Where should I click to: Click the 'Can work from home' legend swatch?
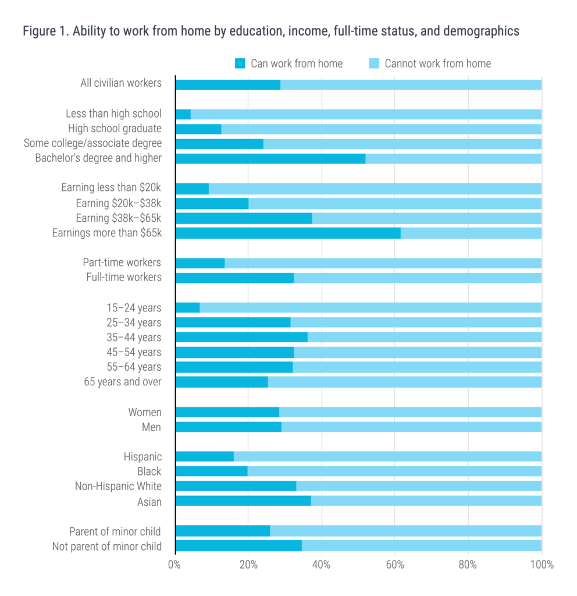(240, 63)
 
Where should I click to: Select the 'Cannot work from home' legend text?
(437, 63)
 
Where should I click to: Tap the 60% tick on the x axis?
(394, 564)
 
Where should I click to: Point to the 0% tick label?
(174, 564)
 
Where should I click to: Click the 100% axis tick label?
(541, 564)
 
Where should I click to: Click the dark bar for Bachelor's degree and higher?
(270, 158)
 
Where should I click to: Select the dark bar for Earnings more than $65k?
(288, 233)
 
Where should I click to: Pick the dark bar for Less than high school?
(183, 114)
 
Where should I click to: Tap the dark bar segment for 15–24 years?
(187, 307)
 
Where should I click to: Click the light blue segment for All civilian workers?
(411, 84)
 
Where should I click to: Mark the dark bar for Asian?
(243, 501)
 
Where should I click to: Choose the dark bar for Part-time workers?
(200, 263)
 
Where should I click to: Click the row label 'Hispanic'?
(143, 456)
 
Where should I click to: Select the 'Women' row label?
(145, 412)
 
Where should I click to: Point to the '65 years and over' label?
(123, 382)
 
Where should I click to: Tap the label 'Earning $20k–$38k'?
(119, 203)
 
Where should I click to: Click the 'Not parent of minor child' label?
(107, 546)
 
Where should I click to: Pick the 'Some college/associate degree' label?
(92, 143)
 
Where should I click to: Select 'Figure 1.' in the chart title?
(45, 31)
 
